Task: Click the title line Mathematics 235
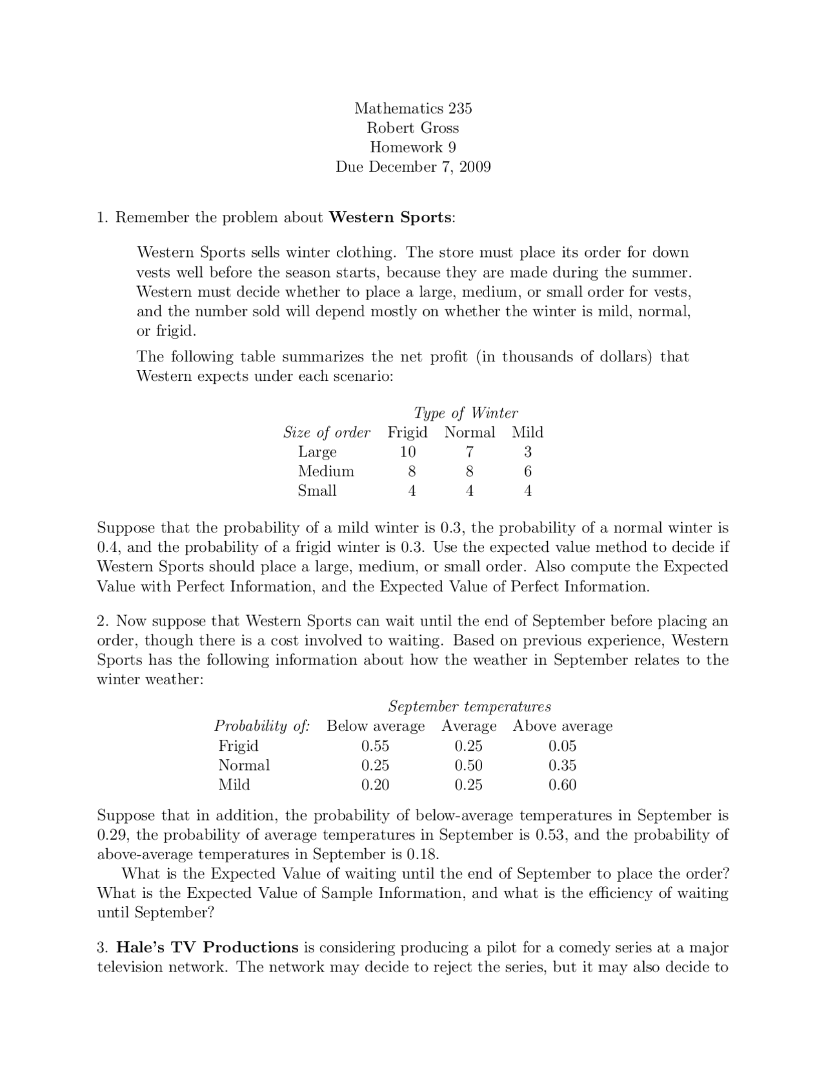click(x=413, y=108)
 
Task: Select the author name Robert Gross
click(x=413, y=128)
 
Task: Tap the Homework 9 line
click(x=413, y=147)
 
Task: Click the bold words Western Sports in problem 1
click(x=390, y=217)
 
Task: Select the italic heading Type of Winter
click(x=465, y=413)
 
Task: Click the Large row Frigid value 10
click(x=407, y=452)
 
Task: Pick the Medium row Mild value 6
click(x=527, y=471)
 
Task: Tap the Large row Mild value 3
click(x=527, y=452)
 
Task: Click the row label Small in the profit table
click(x=317, y=491)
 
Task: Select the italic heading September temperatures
click(x=469, y=706)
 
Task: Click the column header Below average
click(x=376, y=726)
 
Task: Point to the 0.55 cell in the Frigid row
click(x=375, y=746)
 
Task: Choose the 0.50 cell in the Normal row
click(x=468, y=766)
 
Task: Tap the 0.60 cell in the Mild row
click(x=562, y=785)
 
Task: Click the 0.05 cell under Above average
click(x=562, y=746)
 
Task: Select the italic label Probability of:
click(x=262, y=726)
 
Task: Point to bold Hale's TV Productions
click(x=207, y=948)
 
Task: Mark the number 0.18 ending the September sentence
click(x=422, y=855)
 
